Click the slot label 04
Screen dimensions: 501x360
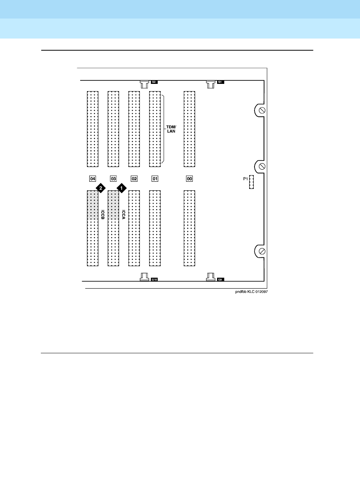point(92,179)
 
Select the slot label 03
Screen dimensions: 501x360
point(113,179)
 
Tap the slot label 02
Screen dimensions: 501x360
point(134,179)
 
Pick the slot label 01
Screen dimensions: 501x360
point(155,179)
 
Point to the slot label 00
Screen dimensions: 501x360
point(189,179)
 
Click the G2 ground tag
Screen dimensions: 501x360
point(154,82)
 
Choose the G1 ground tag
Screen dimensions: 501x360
point(220,82)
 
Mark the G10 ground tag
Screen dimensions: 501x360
point(154,280)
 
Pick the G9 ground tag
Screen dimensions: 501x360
point(220,280)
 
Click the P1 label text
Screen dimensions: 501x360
point(245,179)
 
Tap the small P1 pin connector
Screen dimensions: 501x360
point(251,182)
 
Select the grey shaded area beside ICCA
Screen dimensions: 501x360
point(113,205)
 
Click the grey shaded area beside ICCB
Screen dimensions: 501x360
point(92,205)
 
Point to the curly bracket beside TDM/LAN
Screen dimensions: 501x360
point(163,129)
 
